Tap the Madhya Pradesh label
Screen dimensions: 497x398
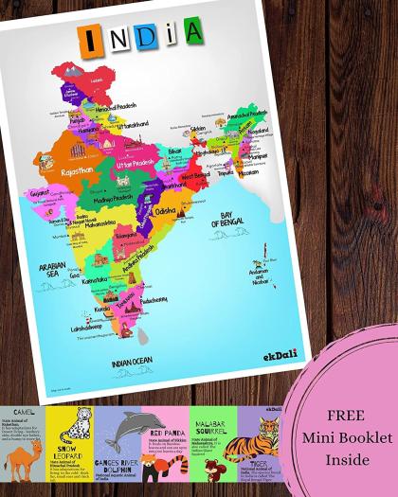pyautogui.click(x=111, y=185)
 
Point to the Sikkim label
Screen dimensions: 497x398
pyautogui.click(x=197, y=127)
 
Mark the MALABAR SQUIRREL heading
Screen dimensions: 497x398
pyautogui.click(x=208, y=419)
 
